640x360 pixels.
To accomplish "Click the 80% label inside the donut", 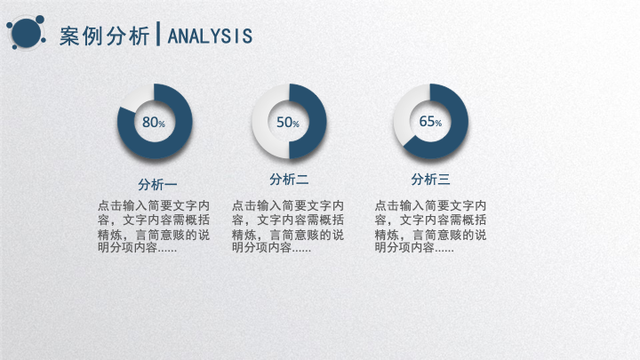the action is [154, 122].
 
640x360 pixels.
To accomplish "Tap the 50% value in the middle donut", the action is [288, 122].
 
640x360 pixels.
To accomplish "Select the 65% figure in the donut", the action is [430, 121].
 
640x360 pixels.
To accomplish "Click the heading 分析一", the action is [157, 185].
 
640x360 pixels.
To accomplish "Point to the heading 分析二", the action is [289, 180].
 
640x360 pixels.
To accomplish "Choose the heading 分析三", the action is [430, 180].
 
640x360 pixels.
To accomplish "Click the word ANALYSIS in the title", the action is [210, 36].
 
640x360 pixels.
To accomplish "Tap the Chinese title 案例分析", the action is [105, 36].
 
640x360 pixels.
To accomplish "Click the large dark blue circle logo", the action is [26, 33].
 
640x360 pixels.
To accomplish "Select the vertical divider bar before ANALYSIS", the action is [158, 34].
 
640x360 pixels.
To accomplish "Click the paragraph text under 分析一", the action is [154, 226].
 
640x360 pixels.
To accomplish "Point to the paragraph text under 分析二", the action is [288, 226].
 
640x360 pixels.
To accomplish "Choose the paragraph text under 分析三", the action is [430, 226].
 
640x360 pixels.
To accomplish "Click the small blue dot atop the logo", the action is [40, 20].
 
